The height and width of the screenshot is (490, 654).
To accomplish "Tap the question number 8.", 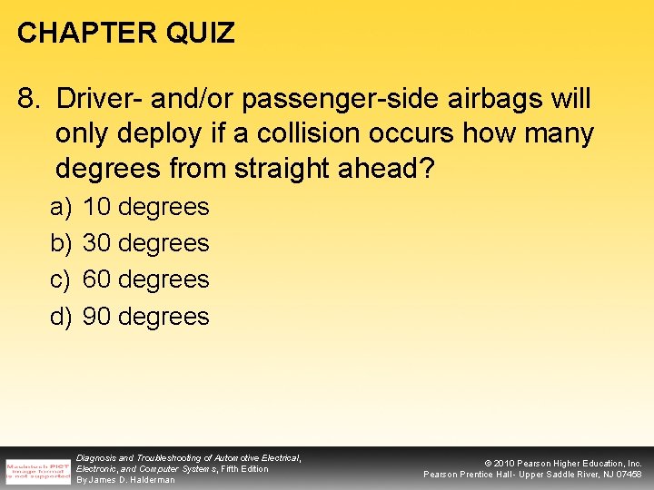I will tap(26, 98).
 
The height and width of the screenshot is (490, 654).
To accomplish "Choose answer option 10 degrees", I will tap(145, 207).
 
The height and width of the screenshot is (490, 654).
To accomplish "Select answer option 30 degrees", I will tap(145, 243).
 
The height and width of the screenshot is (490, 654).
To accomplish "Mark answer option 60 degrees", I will tap(145, 279).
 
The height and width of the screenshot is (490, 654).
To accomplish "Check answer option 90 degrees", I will tap(145, 317).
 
